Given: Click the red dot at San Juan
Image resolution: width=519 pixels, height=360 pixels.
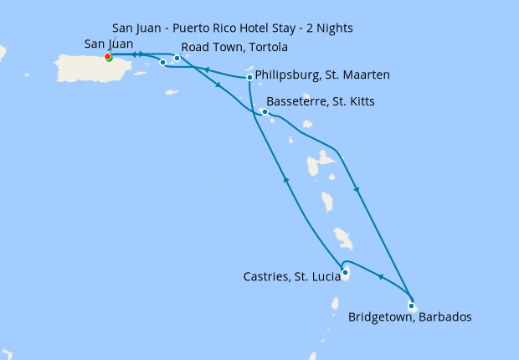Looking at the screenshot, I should coord(107,57).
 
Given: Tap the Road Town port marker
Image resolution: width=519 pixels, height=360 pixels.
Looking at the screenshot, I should coord(177,58).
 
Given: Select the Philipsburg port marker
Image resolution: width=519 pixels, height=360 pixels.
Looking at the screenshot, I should coord(249,78).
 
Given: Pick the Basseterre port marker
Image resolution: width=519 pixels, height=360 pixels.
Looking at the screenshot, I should coord(265,111).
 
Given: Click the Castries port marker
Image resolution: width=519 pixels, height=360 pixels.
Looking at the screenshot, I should coord(345,271).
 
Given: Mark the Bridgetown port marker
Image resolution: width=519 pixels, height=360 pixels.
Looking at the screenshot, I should coord(411,306).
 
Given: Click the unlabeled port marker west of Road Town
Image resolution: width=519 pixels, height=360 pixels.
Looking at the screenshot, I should coord(162,62).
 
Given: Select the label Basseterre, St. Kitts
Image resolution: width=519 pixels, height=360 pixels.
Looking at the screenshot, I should coord(320,102).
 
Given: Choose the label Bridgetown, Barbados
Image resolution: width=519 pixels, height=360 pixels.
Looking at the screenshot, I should coord(409,317).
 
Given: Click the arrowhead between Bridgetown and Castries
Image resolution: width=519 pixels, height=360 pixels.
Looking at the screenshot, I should coord(381,277).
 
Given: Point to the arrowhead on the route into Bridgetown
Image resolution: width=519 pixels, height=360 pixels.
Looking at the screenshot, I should coord(357,190).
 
